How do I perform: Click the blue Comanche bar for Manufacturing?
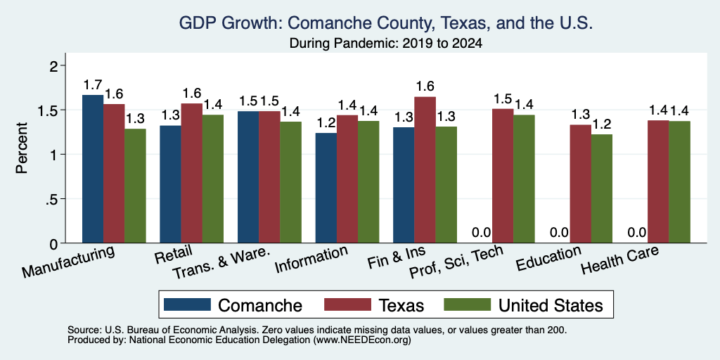coord(93,169)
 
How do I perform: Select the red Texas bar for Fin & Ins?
coord(425,170)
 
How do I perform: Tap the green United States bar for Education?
coord(602,188)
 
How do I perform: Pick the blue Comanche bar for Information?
coord(326,188)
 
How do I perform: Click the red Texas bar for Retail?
coord(191,173)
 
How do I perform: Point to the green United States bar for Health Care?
coord(680,182)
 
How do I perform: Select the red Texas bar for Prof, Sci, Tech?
coord(503,176)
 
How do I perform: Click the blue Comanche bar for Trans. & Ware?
coord(248,177)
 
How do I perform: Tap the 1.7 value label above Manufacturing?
coord(93,85)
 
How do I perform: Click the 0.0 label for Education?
coord(559,233)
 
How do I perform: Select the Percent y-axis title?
coord(22,148)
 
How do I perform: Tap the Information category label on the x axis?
coord(311,259)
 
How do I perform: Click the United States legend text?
coord(551,305)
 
